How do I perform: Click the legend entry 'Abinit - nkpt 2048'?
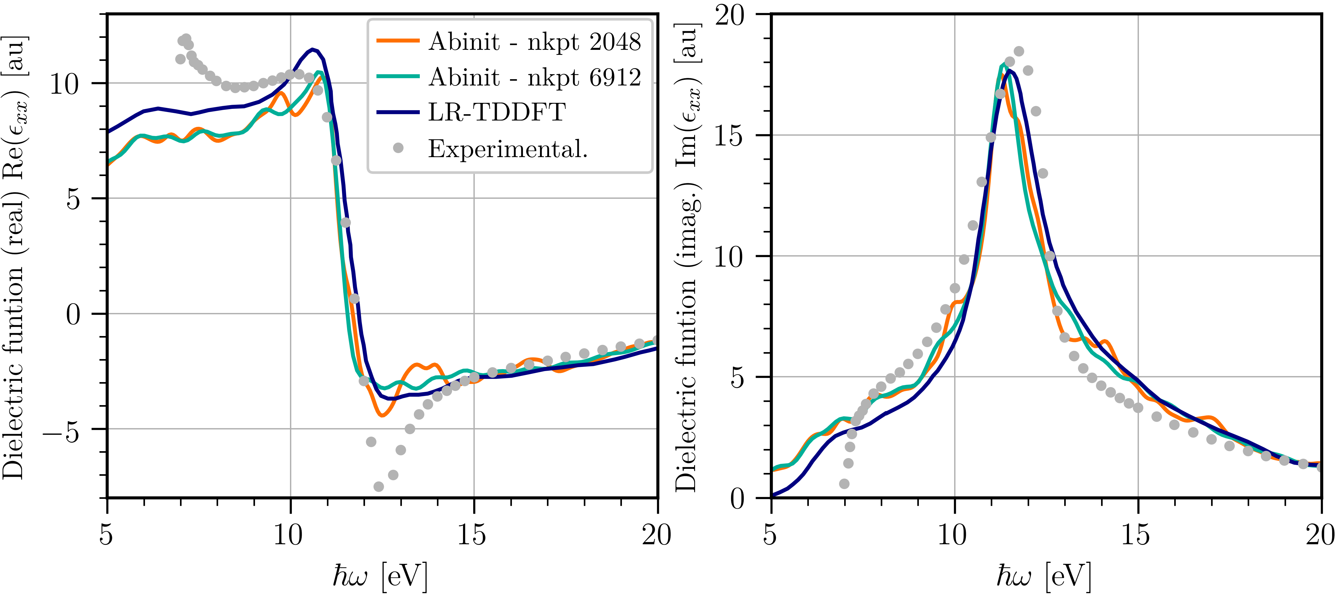(534, 42)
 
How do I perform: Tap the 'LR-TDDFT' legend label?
(497, 112)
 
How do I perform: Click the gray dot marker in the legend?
(398, 148)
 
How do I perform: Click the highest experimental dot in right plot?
(1019, 51)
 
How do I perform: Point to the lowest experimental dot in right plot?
(844, 484)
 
